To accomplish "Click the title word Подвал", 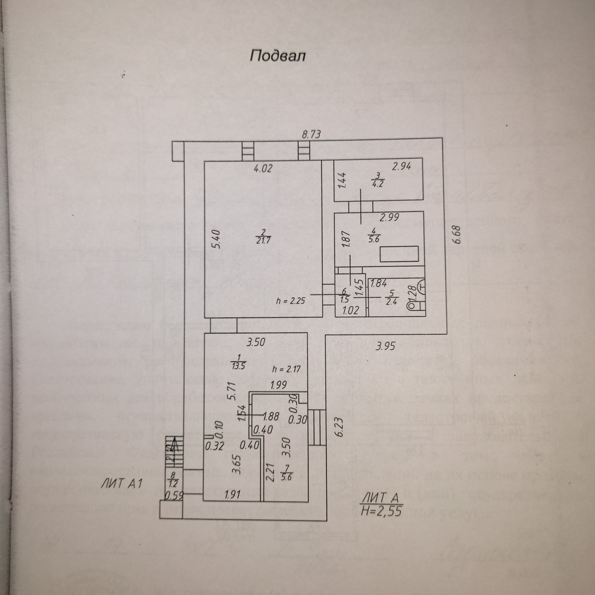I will [x=278, y=56].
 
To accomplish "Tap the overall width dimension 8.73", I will [x=311, y=134].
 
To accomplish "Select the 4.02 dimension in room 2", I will [x=263, y=169].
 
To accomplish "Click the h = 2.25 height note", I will [x=291, y=301].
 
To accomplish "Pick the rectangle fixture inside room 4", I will [x=399, y=254].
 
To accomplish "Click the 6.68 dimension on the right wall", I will [x=457, y=234].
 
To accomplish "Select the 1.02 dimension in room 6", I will [x=351, y=310].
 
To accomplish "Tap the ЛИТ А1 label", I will [x=121, y=483].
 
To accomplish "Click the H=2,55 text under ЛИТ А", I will [x=381, y=511].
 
